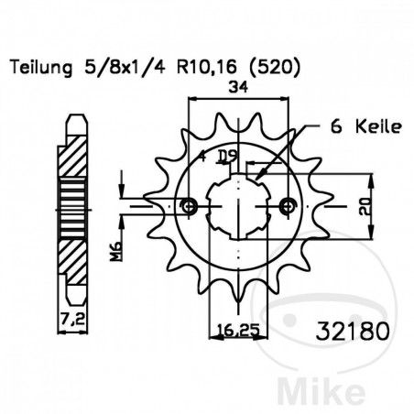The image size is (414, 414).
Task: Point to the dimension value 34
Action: (x=239, y=88)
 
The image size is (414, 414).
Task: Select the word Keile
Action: (x=373, y=128)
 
